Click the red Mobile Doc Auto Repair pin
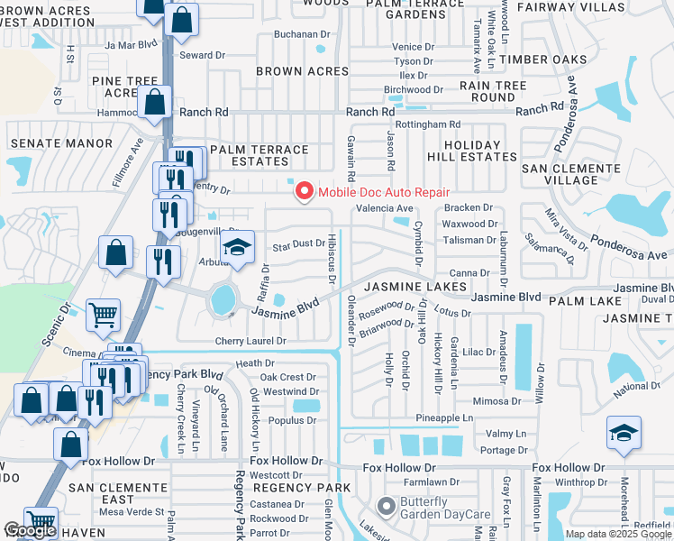click(x=305, y=192)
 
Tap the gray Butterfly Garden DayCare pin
click(x=387, y=507)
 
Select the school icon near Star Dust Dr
click(x=237, y=249)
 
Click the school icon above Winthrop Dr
click(x=624, y=435)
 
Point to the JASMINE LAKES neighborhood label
click(x=415, y=287)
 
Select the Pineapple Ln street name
click(x=444, y=418)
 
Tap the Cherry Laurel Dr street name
click(x=250, y=342)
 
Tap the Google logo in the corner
click(x=30, y=531)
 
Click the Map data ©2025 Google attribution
click(x=618, y=534)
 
